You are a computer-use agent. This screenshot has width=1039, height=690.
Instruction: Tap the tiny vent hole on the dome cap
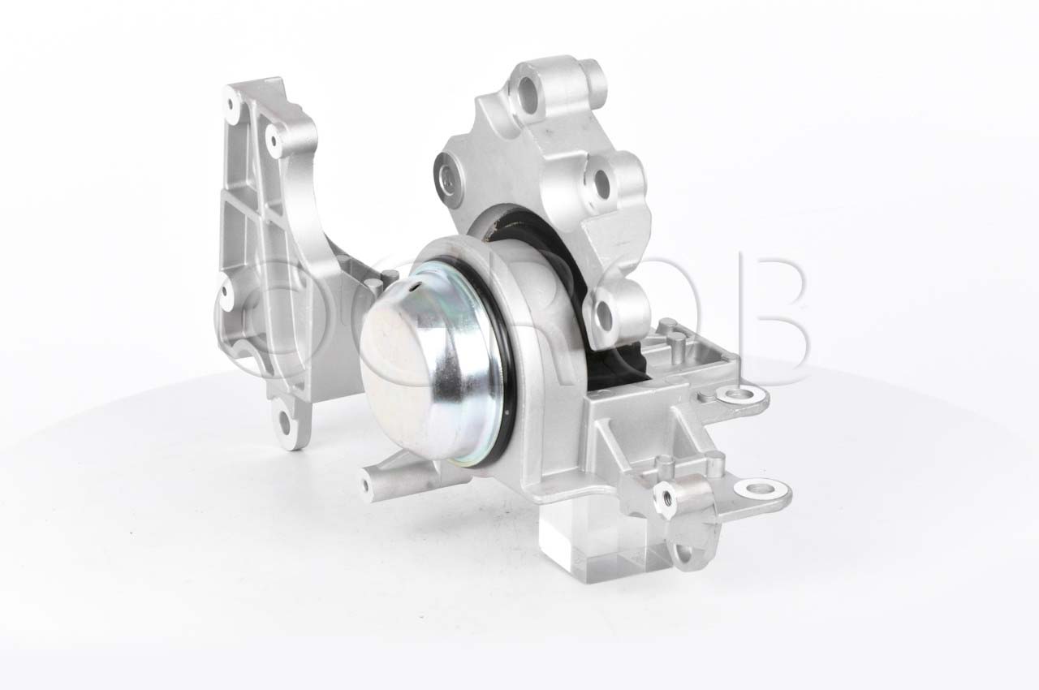click(415, 287)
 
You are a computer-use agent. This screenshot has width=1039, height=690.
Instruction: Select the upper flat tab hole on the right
click(738, 398)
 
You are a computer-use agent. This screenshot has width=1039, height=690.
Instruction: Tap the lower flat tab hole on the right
click(759, 489)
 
